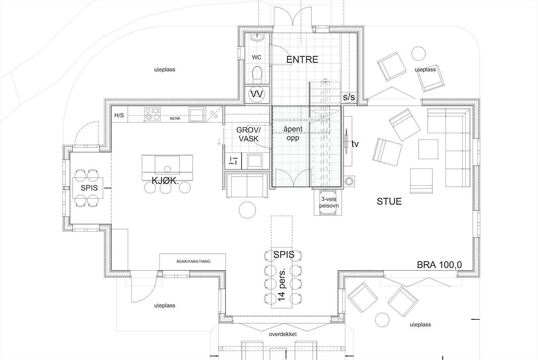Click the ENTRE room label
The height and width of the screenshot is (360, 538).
coord(302,60)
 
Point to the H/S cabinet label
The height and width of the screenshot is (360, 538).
coord(119,115)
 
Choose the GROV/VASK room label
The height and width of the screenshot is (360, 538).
coord(248,134)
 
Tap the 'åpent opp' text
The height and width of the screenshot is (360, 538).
coord(293,133)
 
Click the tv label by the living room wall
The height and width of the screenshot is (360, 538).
coord(355,144)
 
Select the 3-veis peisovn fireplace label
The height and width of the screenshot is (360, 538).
coord(330,202)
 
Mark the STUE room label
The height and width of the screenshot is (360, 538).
coord(389,202)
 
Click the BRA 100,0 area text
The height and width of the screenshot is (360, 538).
coord(439,265)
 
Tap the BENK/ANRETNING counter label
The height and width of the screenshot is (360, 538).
coord(193,261)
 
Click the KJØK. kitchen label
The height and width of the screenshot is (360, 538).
coord(165,181)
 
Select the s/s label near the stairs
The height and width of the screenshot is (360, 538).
coord(349,98)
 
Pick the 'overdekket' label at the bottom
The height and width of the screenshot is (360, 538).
coord(283,334)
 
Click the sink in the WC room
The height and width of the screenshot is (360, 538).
coord(259,37)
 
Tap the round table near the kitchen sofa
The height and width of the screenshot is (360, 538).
coord(247,210)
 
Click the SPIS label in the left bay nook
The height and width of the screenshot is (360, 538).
coord(89,188)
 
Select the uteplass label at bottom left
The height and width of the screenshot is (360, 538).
coord(165,305)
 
